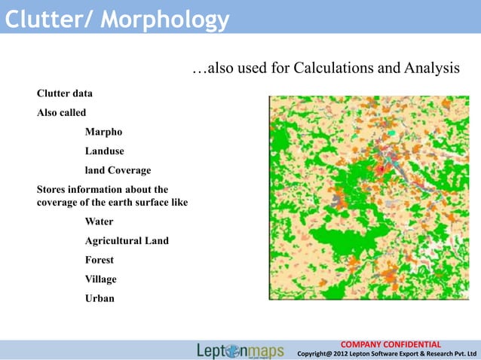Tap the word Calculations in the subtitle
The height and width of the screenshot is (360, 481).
334,69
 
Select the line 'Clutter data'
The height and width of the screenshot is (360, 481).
65,94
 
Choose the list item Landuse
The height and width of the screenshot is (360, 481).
105,151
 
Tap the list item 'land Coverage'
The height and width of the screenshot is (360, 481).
118,169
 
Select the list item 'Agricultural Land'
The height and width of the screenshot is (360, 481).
127,241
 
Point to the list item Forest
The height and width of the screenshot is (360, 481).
100,260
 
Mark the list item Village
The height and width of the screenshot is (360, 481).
101,279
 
